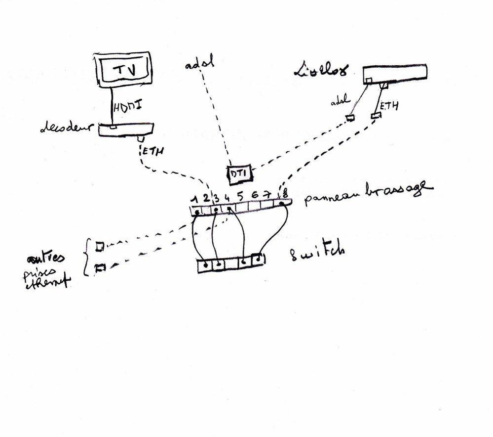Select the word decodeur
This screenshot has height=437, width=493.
[x=66, y=129]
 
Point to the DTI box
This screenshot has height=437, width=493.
[x=239, y=173]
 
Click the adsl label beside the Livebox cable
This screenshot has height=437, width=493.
[x=341, y=103]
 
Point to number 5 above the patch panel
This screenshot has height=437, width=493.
[x=240, y=196]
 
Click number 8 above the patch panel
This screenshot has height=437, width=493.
[x=285, y=194]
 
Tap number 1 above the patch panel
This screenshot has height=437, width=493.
[x=196, y=199]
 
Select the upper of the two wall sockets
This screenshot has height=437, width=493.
[x=100, y=245]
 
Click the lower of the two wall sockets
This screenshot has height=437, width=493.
[x=101, y=268]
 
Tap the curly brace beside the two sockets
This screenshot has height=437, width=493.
[x=87, y=257]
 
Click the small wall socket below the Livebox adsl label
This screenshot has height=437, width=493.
[x=350, y=119]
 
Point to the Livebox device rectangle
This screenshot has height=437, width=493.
[x=395, y=74]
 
